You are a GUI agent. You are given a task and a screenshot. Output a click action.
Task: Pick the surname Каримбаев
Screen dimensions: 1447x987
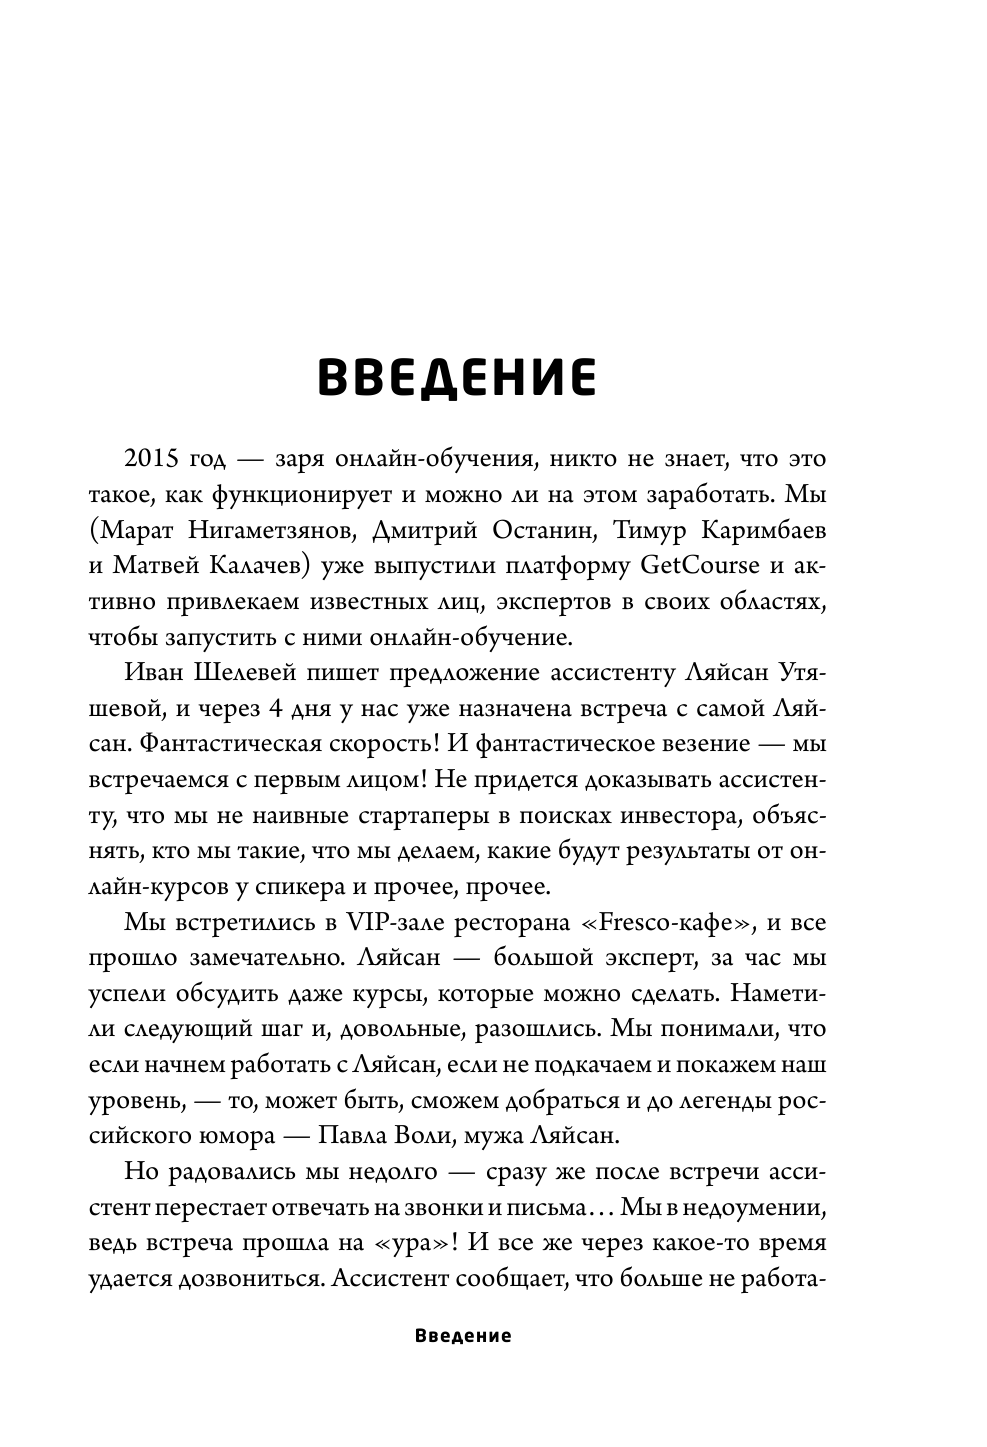[x=766, y=531]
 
